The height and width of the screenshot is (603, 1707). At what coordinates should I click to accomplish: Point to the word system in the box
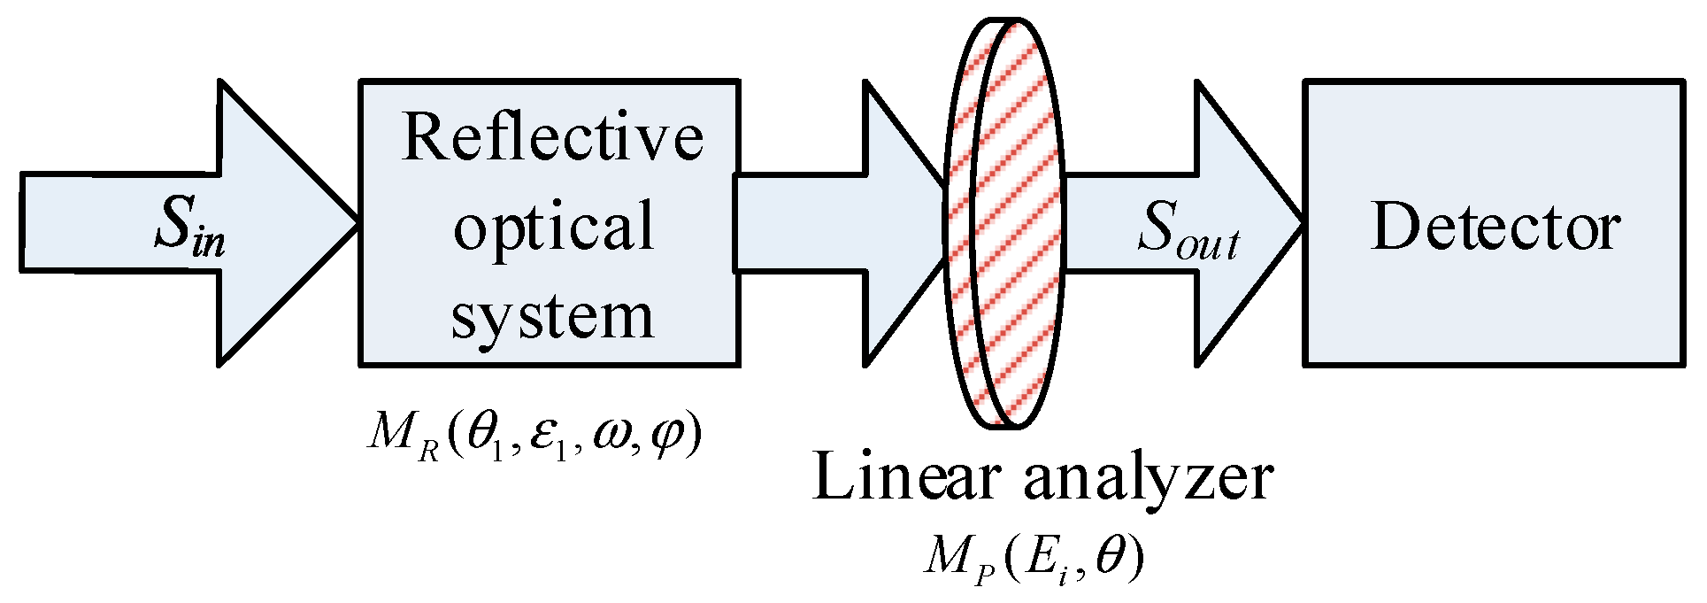(552, 316)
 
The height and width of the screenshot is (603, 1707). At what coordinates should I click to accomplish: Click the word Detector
(1495, 228)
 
